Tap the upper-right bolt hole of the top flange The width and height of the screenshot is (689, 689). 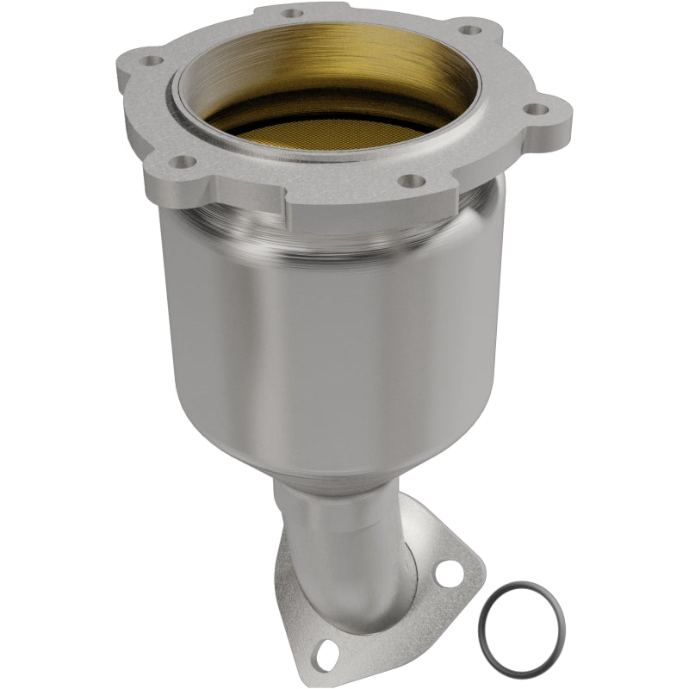(x=469, y=29)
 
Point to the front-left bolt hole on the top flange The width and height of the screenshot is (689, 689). (x=180, y=161)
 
